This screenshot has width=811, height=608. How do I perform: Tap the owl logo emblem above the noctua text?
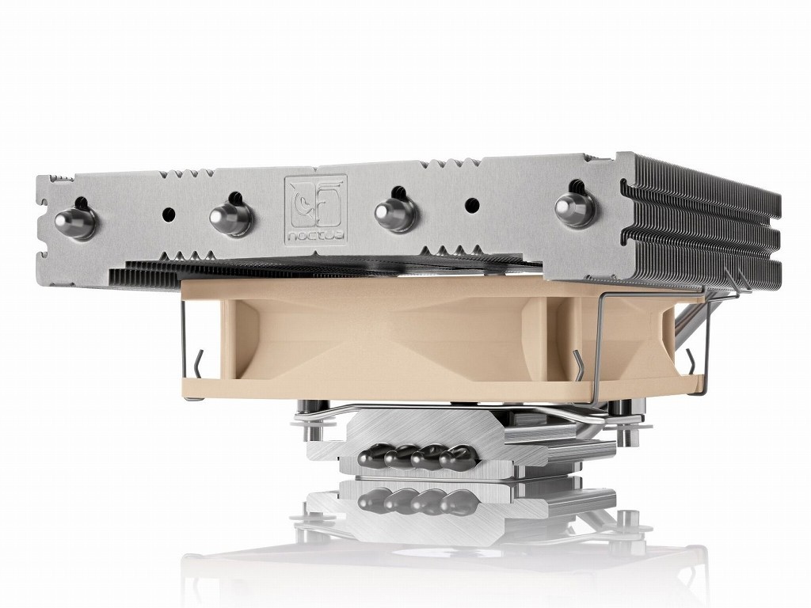coord(315,203)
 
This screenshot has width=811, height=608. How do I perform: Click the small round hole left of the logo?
coord(169,213)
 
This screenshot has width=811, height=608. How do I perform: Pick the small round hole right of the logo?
coord(471,203)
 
